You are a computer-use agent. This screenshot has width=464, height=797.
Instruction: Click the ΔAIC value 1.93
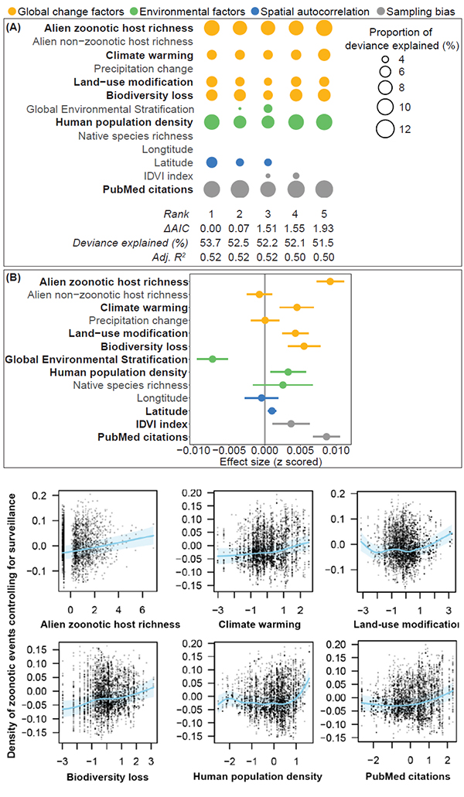[325, 229]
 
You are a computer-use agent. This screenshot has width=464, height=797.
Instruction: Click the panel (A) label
[15, 26]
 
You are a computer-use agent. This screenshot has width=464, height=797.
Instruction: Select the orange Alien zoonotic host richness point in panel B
[330, 281]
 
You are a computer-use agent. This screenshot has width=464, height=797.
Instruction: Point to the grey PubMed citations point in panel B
[326, 437]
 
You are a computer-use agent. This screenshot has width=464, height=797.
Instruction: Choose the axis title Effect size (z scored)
[265, 462]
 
